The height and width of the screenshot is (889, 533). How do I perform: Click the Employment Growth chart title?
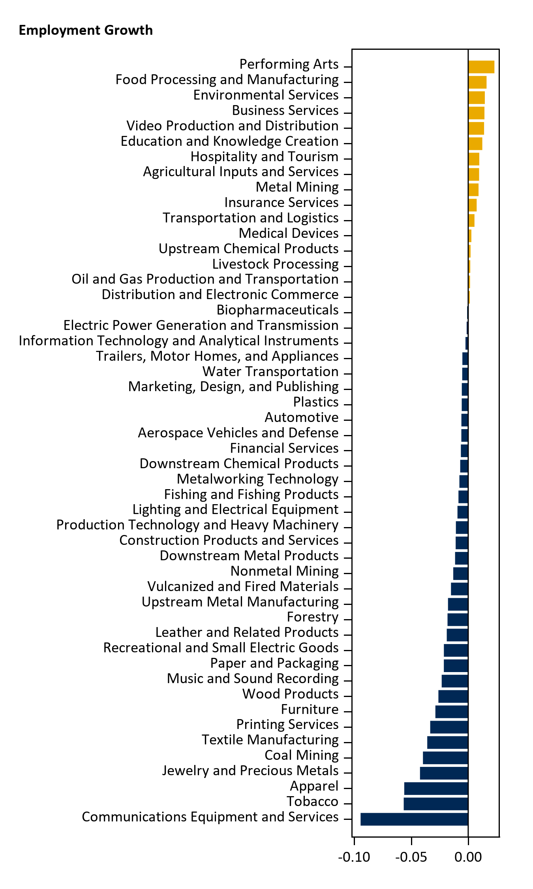tap(86, 30)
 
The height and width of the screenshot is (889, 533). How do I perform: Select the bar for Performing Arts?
tap(481, 67)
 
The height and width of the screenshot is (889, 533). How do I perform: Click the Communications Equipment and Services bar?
tap(414, 819)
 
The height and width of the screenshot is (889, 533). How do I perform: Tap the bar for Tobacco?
tap(436, 804)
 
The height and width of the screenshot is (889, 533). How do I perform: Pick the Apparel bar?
tap(436, 788)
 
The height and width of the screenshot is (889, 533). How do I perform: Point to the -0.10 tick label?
tap(354, 857)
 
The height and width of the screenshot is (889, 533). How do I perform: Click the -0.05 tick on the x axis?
tap(411, 857)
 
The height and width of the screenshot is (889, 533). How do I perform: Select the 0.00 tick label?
tap(468, 857)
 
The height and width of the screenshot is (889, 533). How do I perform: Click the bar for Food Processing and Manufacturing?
tap(477, 82)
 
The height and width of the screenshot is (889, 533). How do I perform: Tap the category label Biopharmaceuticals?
tap(278, 310)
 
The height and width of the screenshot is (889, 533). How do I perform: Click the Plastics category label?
tap(316, 402)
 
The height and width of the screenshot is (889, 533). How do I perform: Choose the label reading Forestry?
tap(313, 617)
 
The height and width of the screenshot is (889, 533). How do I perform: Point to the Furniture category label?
tap(310, 710)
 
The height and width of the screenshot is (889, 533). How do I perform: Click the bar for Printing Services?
tap(449, 727)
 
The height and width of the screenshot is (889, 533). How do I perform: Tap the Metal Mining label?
tap(297, 187)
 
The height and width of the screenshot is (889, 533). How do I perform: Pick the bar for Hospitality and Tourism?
tap(473, 159)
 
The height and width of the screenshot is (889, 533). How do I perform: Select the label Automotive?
tap(302, 418)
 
